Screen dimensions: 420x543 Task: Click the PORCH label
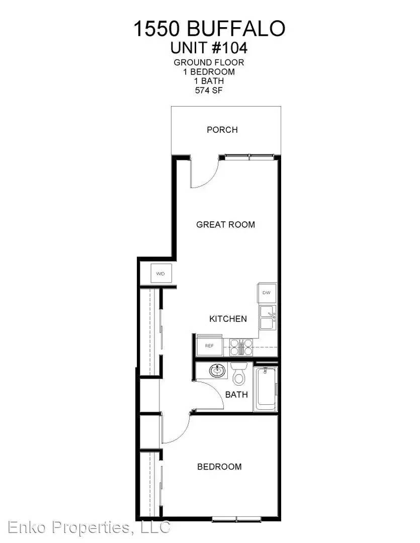[222, 130]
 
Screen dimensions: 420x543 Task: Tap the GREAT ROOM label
[226, 224]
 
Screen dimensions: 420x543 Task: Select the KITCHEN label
[228, 319]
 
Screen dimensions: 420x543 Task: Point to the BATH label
[236, 395]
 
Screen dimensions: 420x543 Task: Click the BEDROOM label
[219, 467]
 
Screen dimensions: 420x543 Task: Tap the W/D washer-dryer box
[160, 274]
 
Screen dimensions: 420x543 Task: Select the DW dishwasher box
[267, 293]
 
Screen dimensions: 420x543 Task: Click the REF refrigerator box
[209, 345]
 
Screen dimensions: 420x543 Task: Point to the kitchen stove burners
[241, 347]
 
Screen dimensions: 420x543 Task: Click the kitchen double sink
[268, 318]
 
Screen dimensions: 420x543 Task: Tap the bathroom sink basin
[217, 371]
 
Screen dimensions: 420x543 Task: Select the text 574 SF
[209, 90]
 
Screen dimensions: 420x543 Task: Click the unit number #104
[229, 48]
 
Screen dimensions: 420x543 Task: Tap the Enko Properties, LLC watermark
[89, 527]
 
